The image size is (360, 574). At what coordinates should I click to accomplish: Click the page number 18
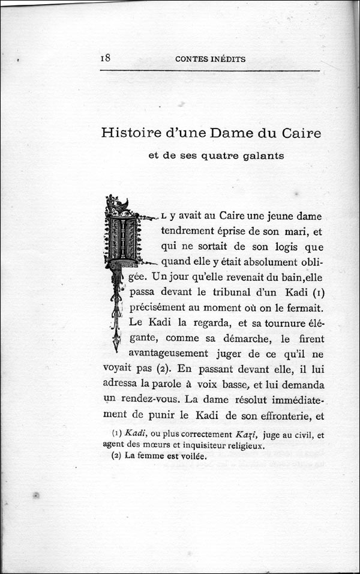[105, 58]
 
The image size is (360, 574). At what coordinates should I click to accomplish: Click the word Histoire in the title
[131, 133]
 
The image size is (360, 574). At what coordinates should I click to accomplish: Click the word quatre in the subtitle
[222, 157]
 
